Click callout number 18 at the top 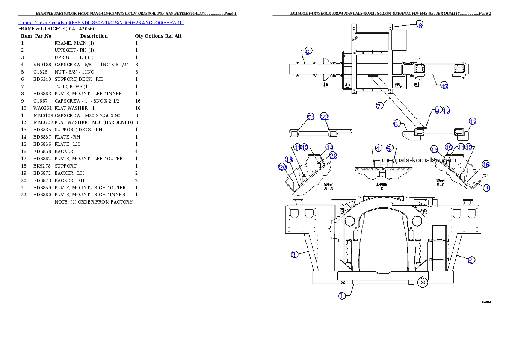coord(419,25)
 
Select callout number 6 coord(308,51)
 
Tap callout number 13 coord(444,86)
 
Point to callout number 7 coord(380,106)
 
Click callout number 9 coord(437,110)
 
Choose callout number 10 coord(446,110)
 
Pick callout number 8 coord(397,124)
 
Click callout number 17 coord(472,122)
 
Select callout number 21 coord(311,118)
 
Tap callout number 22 coord(325,118)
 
